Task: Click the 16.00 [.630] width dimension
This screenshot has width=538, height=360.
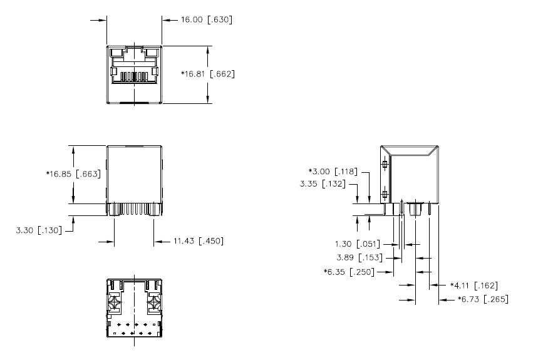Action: [x=206, y=20]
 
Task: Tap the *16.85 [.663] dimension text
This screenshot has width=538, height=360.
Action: [x=73, y=174]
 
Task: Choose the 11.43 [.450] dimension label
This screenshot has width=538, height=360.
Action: [x=197, y=240]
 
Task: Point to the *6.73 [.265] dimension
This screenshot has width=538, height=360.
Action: [x=483, y=299]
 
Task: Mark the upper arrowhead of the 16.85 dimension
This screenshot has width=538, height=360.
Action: [x=74, y=149]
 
